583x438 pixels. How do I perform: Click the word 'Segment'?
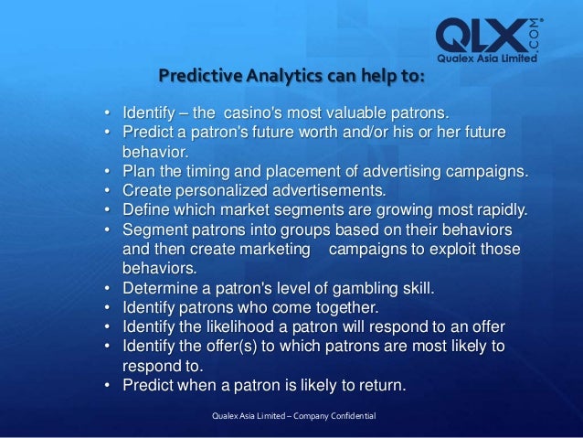tap(153, 230)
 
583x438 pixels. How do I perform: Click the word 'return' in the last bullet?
tap(378, 385)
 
